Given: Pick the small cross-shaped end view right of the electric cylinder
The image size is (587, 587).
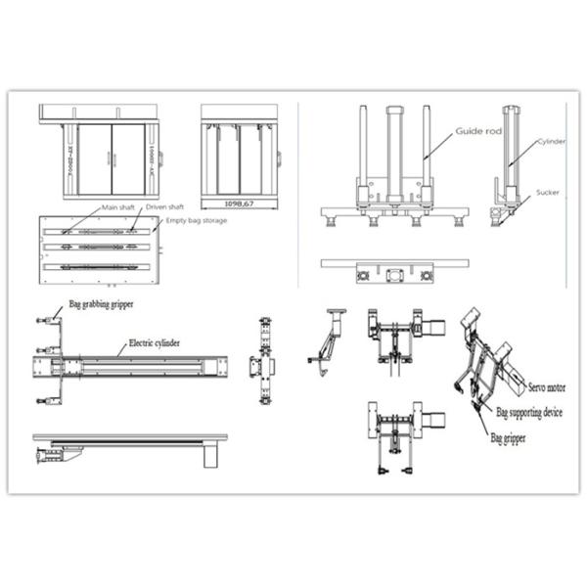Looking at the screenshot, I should (x=265, y=363).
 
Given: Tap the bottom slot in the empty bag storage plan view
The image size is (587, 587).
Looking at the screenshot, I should (x=95, y=267).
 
